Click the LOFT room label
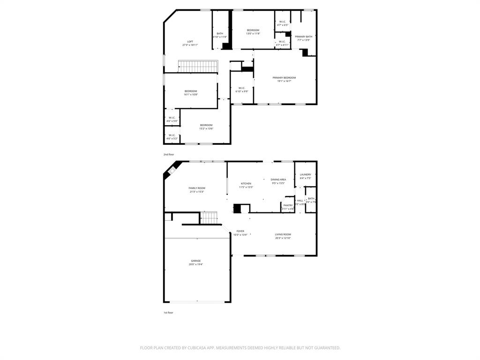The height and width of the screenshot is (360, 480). tap(190, 41)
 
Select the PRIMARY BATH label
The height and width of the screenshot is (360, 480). tap(303, 37)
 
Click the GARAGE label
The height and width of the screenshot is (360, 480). tap(195, 261)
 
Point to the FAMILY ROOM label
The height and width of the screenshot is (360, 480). tap(197, 188)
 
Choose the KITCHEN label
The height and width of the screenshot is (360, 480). tap(246, 183)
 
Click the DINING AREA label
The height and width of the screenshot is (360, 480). tap(278, 180)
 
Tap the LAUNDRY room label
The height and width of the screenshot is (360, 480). tap(305, 174)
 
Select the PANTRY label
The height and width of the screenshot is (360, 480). tap(288, 205)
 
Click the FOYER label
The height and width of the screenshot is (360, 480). tap(240, 231)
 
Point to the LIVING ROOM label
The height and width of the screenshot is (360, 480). tap(283, 234)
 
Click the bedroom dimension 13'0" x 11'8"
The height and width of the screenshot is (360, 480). tap(253, 34)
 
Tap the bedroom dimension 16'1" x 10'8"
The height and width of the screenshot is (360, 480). tap(191, 95)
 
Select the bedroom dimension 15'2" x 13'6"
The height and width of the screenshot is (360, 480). tap(206, 129)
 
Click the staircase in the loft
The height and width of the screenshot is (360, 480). tap(198, 67)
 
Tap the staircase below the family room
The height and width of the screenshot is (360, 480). tap(209, 217)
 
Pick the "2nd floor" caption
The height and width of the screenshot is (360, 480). tap(169, 154)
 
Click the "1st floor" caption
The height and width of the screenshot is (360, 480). tap(168, 312)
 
